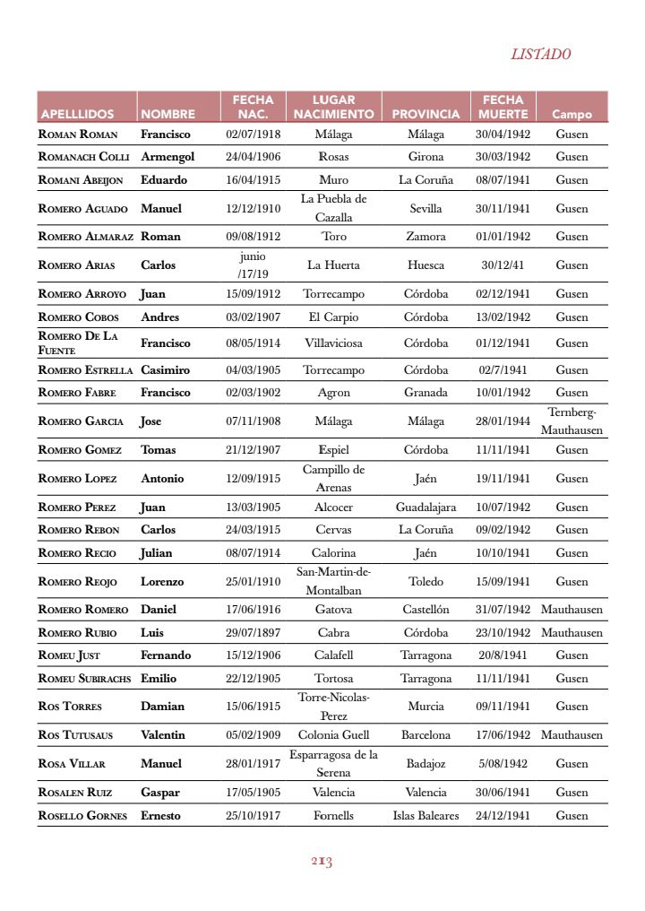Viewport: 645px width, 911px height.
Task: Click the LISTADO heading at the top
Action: coord(540,54)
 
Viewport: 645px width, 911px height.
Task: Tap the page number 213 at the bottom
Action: coord(322,862)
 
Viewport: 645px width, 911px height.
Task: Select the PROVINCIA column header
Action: coord(426,114)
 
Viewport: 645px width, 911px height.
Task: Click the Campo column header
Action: coord(572,114)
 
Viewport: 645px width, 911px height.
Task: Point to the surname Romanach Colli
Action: coord(84,156)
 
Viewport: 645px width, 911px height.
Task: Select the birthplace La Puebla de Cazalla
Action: coord(333,208)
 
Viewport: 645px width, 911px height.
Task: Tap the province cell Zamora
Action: coord(426,237)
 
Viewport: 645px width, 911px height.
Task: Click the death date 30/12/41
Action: coord(503,265)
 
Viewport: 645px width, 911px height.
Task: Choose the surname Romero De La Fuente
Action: coord(79,343)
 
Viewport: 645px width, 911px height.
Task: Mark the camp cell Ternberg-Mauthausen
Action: coord(572,421)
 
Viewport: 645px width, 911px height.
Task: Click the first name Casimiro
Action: coord(165,369)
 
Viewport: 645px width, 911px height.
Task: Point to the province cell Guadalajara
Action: coord(426,507)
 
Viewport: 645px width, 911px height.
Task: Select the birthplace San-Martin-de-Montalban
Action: coord(333,581)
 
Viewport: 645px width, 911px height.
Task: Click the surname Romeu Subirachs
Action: coord(85,679)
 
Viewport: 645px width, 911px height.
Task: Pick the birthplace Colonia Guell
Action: coord(333,734)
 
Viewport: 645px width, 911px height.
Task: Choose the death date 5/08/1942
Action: coord(503,763)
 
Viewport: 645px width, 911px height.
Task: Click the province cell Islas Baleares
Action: coord(426,815)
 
